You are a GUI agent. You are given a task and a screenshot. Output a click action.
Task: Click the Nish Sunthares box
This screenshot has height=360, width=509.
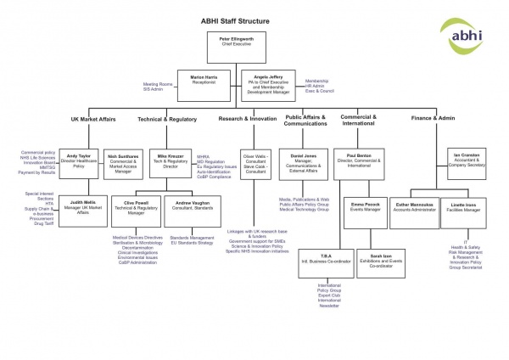125,161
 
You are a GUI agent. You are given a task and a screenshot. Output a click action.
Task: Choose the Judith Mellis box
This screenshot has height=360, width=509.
82,209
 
